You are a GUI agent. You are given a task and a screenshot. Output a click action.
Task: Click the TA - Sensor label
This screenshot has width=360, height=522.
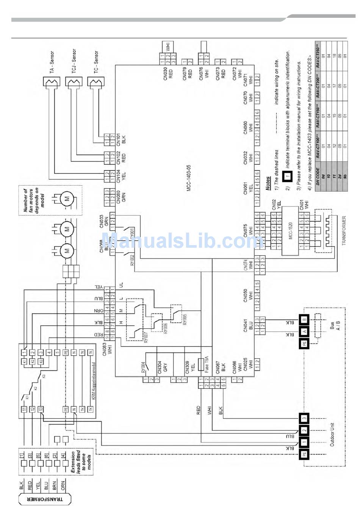click(52, 62)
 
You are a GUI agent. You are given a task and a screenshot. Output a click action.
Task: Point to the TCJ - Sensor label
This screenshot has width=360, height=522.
click(74, 61)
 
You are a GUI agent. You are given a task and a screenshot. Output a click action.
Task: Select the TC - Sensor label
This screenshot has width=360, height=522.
click(96, 62)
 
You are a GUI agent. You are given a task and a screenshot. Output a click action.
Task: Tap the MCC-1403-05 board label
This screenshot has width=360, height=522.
click(189, 178)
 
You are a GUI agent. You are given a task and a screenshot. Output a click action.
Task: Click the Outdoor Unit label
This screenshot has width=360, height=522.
click(332, 434)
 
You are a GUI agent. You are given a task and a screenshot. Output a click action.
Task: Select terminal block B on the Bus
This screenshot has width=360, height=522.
click(304, 319)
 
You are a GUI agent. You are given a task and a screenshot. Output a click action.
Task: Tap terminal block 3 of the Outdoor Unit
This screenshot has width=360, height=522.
click(304, 419)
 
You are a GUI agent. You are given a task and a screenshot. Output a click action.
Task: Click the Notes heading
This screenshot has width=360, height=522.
click(268, 183)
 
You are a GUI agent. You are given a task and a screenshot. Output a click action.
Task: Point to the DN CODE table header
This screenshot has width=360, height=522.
click(318, 175)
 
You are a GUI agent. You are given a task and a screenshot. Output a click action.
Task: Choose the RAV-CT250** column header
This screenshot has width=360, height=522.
click(318, 56)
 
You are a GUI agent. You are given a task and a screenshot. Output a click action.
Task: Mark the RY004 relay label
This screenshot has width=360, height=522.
click(143, 367)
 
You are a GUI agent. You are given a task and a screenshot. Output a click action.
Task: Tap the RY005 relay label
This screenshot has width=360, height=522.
click(185, 319)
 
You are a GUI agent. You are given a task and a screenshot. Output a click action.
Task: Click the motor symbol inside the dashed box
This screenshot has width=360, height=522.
click(67, 199)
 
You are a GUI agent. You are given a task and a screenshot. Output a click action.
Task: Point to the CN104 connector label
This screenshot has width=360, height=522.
click(121, 175)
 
